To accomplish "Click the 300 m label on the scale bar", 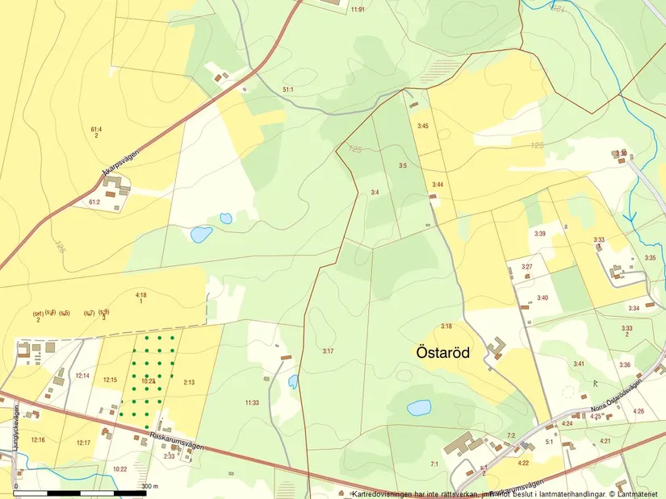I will (149, 486).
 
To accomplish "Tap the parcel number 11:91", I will (358, 9).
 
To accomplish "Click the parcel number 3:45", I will (422, 126).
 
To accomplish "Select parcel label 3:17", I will (328, 351).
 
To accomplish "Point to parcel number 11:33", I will (252, 402).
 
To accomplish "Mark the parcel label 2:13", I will (189, 382).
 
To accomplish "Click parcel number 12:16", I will (37, 439).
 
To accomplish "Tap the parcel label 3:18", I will (446, 326).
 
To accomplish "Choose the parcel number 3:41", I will (579, 364).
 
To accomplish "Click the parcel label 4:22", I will (523, 463).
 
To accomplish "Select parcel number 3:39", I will (540, 234).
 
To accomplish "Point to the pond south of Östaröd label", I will (419, 408).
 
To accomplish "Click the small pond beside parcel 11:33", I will (293, 381).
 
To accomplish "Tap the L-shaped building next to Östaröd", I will (495, 348).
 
